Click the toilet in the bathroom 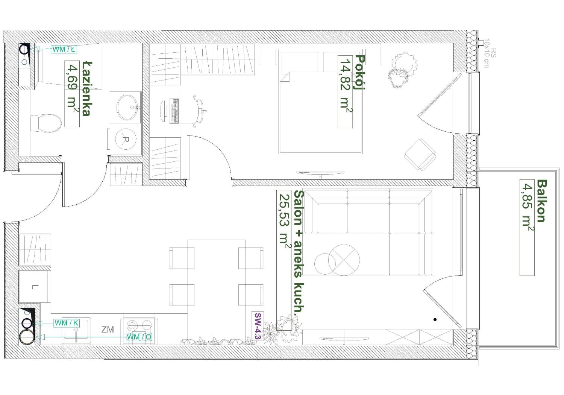point(46,123)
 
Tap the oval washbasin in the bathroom point(127,107)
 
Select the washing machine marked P point(126,139)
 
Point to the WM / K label point(67,323)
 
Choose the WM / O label point(139,337)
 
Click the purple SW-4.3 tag point(258,326)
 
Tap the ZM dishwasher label point(108,330)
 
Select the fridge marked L point(35,287)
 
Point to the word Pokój point(360,73)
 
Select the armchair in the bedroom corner point(420,154)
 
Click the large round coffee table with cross point(344,260)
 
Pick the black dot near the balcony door point(435,320)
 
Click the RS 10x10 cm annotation point(490,53)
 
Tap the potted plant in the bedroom point(402,70)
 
